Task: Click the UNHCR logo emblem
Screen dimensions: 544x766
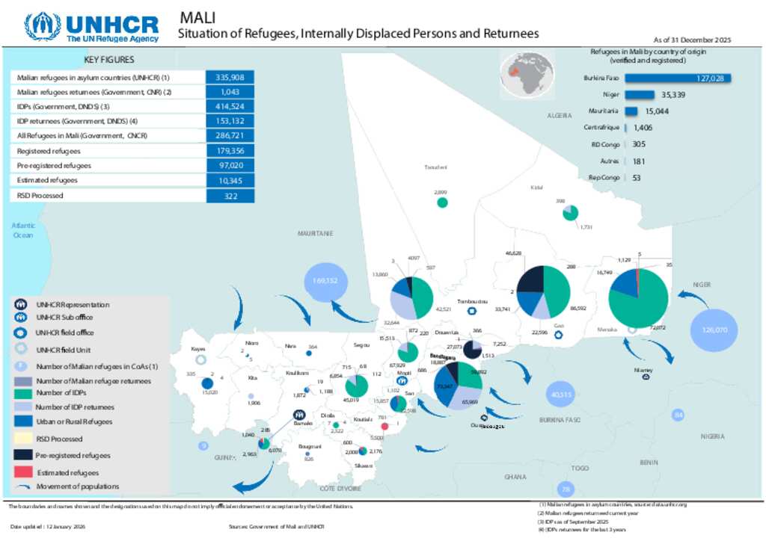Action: point(43,27)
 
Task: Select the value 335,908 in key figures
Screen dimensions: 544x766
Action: point(230,77)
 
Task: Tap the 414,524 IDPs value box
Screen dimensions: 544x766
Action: point(230,106)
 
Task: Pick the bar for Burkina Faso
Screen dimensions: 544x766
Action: point(677,78)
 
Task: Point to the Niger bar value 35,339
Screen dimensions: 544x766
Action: point(673,95)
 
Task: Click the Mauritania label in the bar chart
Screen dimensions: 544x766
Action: point(603,111)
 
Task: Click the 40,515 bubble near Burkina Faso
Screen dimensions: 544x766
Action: point(561,395)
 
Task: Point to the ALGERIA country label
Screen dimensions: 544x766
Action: point(560,116)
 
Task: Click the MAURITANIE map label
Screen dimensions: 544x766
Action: point(315,233)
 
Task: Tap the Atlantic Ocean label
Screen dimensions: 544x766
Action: point(23,230)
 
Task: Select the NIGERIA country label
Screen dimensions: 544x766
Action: point(713,436)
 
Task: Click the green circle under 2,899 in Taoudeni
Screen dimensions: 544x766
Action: point(442,202)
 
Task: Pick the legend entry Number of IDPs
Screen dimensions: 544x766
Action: point(61,394)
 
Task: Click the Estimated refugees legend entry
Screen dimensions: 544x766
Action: point(67,472)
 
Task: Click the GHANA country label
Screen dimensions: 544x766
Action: point(515,476)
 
